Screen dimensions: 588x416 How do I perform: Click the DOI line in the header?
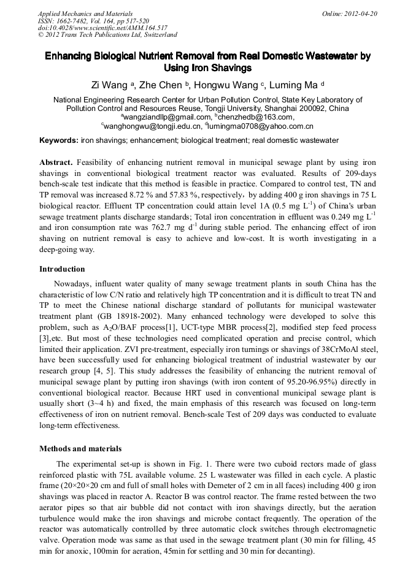coord(102,28)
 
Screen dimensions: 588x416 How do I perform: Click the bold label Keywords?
coord(59,140)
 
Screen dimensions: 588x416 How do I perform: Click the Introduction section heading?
coord(62,269)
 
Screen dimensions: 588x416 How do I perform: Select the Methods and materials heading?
coord(80,449)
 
